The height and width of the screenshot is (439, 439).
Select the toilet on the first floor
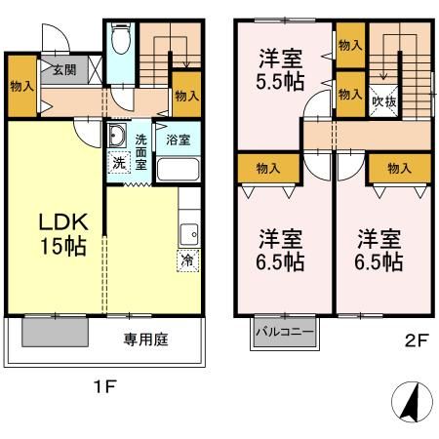pyautogui.click(x=120, y=41)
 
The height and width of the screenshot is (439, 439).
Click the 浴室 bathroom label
pyautogui.click(x=178, y=140)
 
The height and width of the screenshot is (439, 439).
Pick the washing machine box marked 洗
pyautogui.click(x=117, y=163)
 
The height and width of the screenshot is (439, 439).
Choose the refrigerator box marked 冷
pyautogui.click(x=185, y=260)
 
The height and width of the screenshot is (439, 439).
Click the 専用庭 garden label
pyautogui.click(x=143, y=340)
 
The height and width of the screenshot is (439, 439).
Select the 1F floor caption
pyautogui.click(x=104, y=386)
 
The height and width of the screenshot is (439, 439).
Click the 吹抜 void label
pyautogui.click(x=383, y=100)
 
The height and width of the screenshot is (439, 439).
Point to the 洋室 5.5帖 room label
pyautogui.click(x=278, y=67)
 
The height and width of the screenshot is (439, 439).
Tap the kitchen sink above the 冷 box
pyautogui.click(x=187, y=234)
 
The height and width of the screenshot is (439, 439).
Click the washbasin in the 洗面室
pyautogui.click(x=116, y=137)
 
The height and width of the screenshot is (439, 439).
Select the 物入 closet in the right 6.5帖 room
pyautogui.click(x=399, y=168)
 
